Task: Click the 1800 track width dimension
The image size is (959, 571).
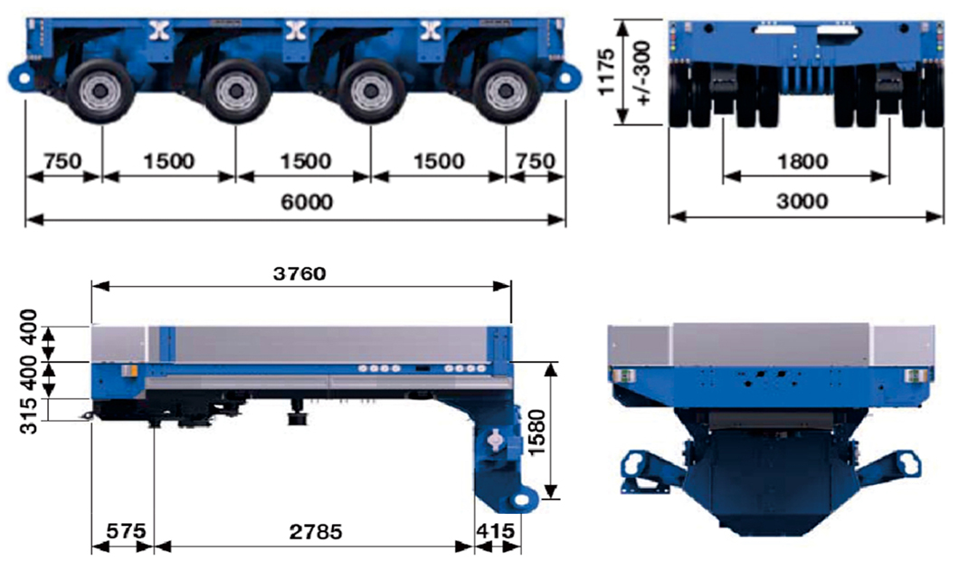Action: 802,161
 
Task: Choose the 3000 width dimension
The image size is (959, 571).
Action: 802,201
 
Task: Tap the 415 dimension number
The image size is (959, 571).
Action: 498,531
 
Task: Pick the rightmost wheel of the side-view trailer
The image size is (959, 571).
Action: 501,92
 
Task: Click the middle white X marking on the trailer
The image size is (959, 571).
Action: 294,29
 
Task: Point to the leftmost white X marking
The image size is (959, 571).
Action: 159,29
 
